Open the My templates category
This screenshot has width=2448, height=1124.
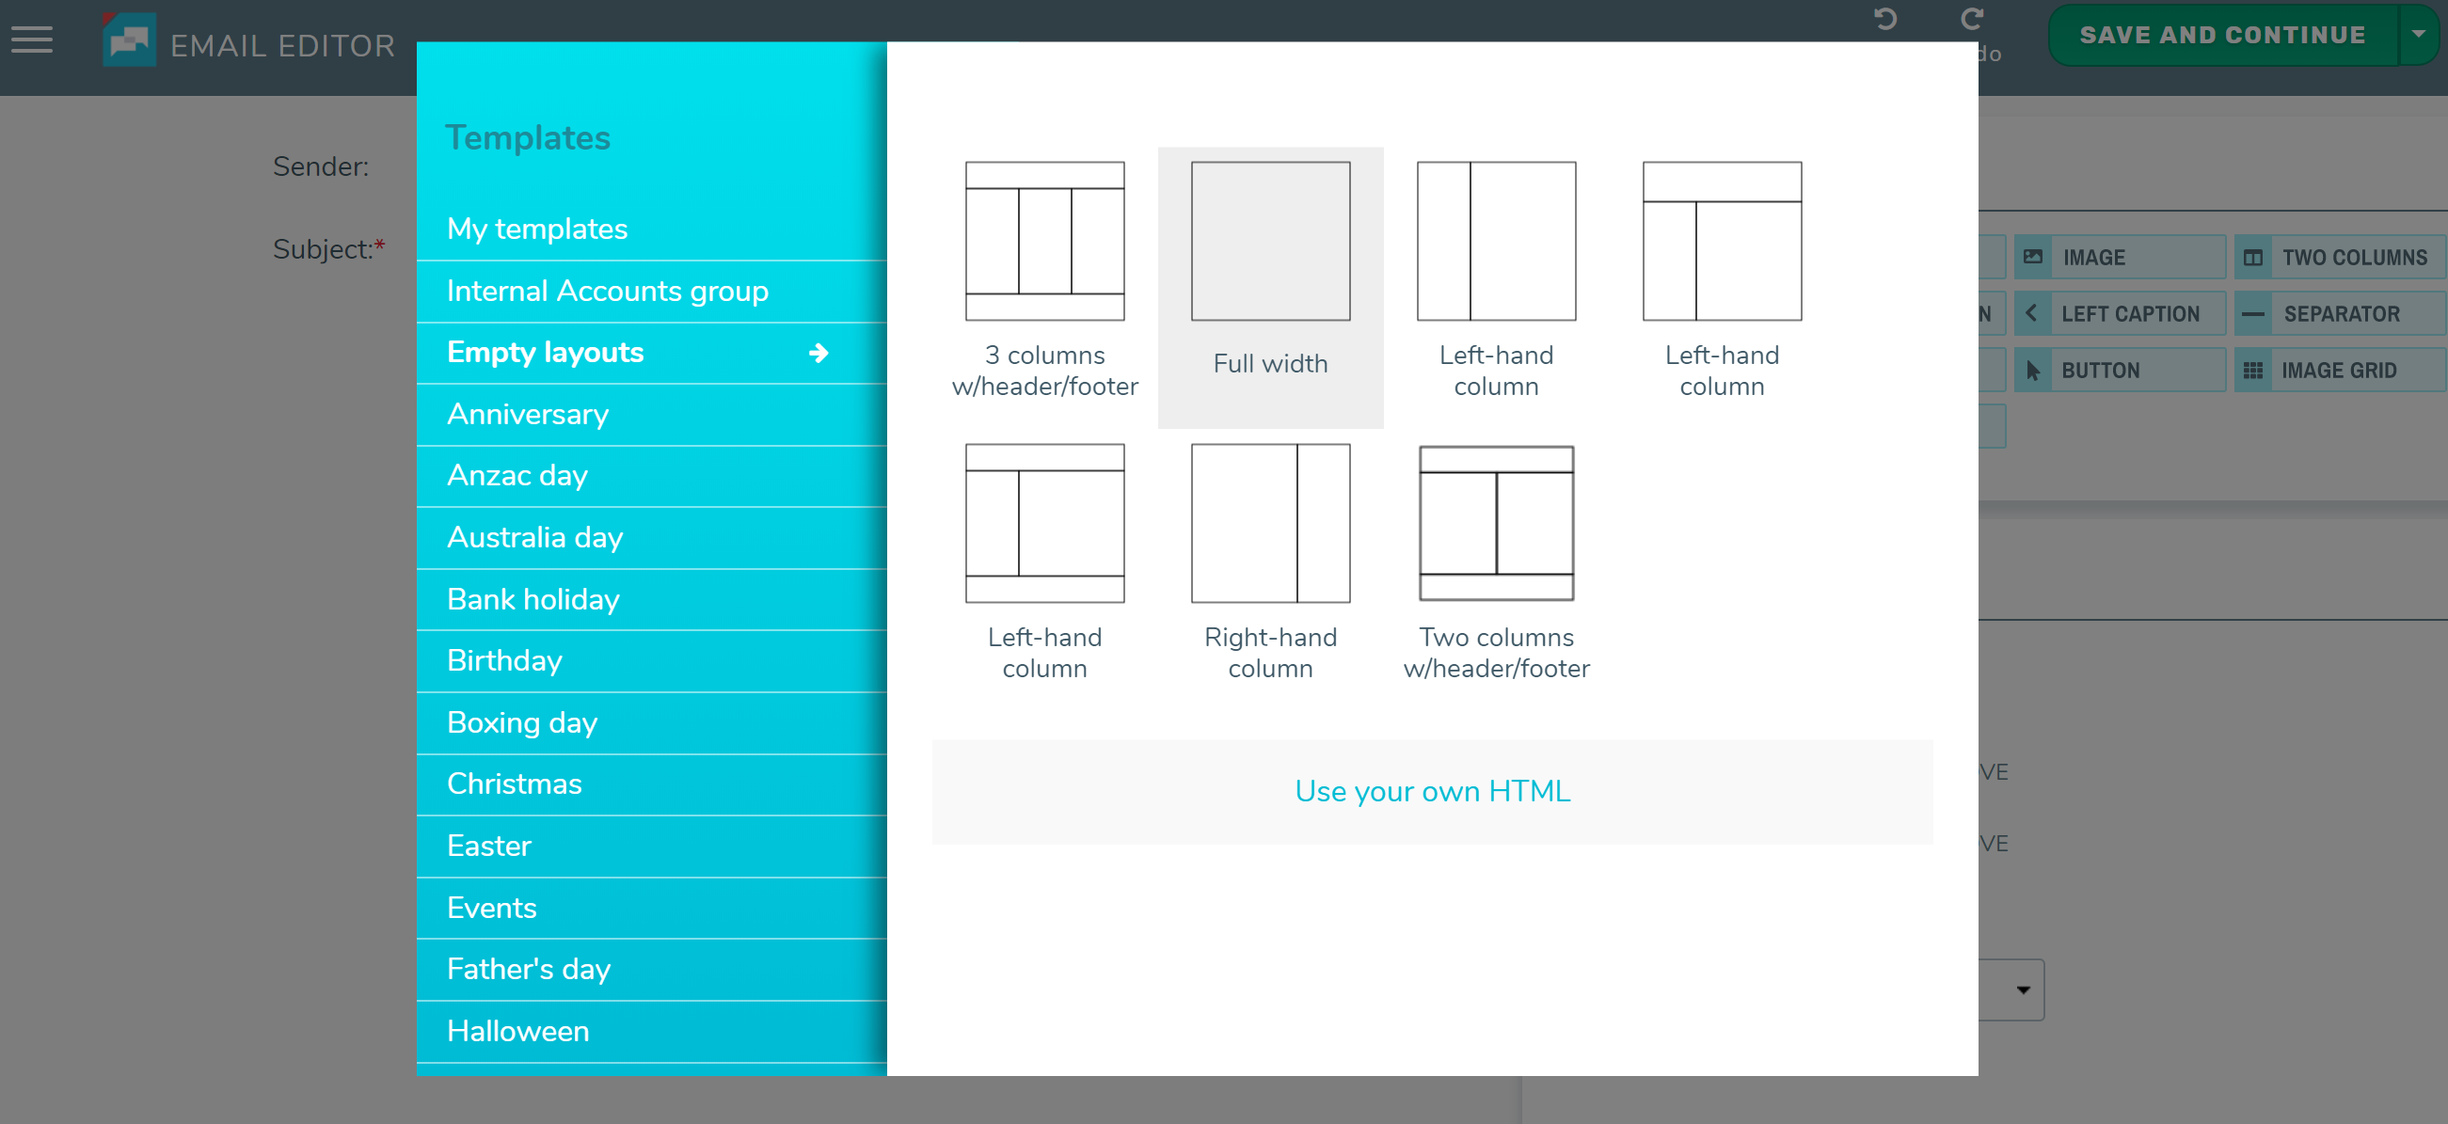pyautogui.click(x=537, y=229)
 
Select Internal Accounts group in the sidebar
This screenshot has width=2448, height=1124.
pyautogui.click(x=606, y=291)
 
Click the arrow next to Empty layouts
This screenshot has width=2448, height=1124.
pyautogui.click(x=819, y=354)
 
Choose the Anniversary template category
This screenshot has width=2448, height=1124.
pyautogui.click(x=528, y=414)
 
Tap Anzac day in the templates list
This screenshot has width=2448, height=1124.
pyautogui.click(x=517, y=475)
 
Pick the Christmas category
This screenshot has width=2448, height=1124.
pyautogui.click(x=514, y=784)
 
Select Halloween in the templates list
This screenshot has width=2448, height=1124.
pyautogui.click(x=518, y=1031)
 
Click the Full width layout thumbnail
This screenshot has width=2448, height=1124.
pyautogui.click(x=1269, y=242)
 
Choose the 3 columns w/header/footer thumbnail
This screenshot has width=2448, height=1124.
pyautogui.click(x=1044, y=242)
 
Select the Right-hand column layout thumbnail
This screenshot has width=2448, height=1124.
pyautogui.click(x=1269, y=524)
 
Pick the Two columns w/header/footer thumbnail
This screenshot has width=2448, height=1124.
pyautogui.click(x=1496, y=524)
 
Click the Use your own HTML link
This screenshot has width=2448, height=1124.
pyautogui.click(x=1432, y=791)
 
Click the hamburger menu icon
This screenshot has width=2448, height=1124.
pyautogui.click(x=32, y=40)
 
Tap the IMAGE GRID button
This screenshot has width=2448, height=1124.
pyautogui.click(x=2338, y=371)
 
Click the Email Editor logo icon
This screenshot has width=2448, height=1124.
pyautogui.click(x=129, y=40)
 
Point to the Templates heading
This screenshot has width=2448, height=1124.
pyautogui.click(x=528, y=137)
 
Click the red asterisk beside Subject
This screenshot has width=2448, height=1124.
pyautogui.click(x=379, y=246)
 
